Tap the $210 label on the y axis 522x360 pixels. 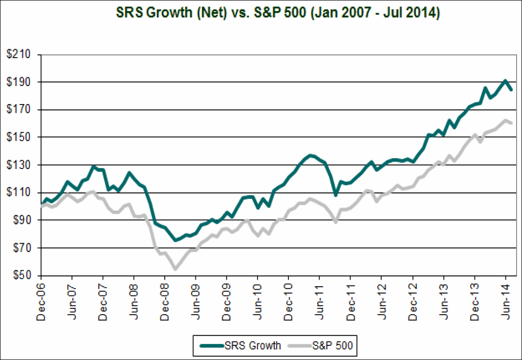pos(20,54)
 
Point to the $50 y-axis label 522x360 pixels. pos(22,275)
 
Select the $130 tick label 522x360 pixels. pos(20,165)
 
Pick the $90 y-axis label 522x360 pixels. pos(22,220)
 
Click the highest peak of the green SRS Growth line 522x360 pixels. pos(505,81)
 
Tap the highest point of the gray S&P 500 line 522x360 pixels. pos(505,120)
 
